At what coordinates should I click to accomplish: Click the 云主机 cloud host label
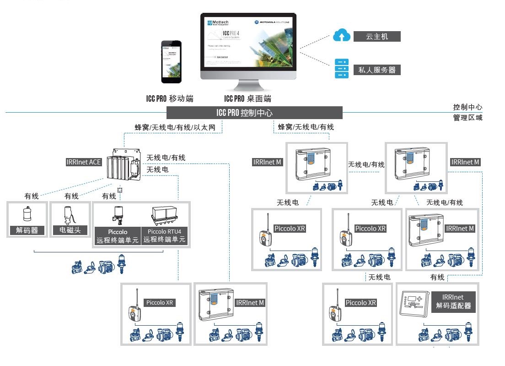377,36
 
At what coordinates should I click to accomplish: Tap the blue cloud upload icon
341,36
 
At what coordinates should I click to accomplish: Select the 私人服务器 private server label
377,70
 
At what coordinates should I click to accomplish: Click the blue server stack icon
341,69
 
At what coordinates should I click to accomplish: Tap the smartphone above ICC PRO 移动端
171,62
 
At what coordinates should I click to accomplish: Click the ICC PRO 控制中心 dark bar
254,113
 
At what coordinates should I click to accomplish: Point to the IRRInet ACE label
84,162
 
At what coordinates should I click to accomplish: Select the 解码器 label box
27,230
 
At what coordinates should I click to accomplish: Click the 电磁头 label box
67,230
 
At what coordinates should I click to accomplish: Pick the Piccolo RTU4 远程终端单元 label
165,235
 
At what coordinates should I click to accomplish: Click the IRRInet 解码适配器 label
453,301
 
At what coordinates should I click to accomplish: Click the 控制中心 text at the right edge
467,107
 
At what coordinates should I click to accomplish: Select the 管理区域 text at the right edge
467,118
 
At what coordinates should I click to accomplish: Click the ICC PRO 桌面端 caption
247,98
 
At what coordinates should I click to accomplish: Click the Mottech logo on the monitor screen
219,22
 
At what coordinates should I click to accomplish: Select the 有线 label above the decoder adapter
437,277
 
